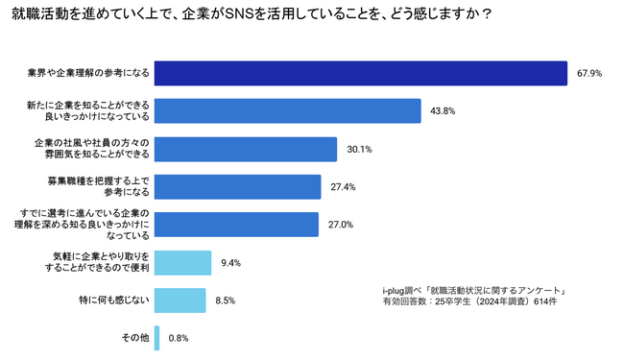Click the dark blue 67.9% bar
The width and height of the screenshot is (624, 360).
coord(361,73)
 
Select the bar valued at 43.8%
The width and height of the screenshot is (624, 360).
coord(288,111)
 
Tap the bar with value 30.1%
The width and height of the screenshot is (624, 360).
coord(246,149)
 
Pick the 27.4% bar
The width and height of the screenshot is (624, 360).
coord(237,187)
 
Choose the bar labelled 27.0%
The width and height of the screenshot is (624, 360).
coord(236,225)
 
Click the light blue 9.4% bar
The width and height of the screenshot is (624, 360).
coord(182,263)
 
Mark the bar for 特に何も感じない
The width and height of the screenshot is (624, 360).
coord(180,300)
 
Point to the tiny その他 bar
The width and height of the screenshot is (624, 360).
coord(156,338)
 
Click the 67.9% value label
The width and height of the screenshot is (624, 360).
coord(589,74)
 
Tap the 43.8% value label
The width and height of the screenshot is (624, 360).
coord(443,111)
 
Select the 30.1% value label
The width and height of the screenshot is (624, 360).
coord(359,149)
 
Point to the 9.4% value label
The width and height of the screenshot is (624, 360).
coord(230,263)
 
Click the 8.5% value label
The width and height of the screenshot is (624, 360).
coord(226,300)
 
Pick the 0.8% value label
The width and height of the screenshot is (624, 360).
coord(179,339)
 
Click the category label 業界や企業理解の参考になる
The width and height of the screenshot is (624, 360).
coord(88,73)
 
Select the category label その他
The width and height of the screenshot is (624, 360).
coord(135,338)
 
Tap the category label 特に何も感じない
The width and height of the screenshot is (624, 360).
coord(114,300)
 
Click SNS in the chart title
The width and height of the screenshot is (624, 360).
coord(240,14)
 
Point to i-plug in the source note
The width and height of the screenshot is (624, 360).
coord(393,291)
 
